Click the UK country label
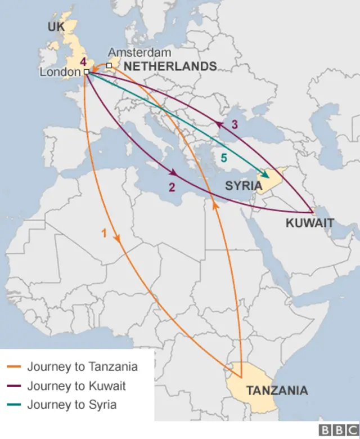(56, 26)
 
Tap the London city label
(60, 72)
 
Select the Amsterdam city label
(132, 52)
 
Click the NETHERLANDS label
(170, 66)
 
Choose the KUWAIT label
(310, 223)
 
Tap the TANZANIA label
(277, 390)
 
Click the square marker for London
(86, 72)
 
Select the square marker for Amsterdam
(109, 66)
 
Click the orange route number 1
(103, 233)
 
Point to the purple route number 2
(172, 187)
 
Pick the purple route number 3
(235, 124)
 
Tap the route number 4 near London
(83, 60)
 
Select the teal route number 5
(223, 158)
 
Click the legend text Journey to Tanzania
(82, 367)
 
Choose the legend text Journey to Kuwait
(76, 386)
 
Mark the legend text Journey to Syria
(71, 404)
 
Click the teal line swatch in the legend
(15, 404)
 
